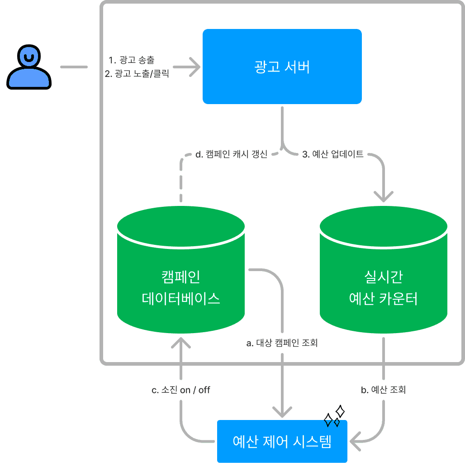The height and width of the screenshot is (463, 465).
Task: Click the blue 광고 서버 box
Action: (x=282, y=67)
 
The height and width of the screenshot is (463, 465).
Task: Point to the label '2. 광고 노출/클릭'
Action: (x=137, y=74)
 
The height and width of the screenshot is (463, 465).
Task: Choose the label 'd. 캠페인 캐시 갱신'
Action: (x=231, y=155)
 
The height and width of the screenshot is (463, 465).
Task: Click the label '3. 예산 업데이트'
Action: (x=333, y=154)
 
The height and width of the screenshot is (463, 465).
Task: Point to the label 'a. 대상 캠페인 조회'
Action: (x=282, y=343)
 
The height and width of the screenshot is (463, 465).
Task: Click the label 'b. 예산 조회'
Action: (x=383, y=390)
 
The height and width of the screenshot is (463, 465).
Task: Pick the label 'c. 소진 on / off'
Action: (x=181, y=390)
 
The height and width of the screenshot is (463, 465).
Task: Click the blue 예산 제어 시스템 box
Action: (x=282, y=441)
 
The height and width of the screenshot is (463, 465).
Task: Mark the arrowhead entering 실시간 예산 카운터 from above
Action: (x=384, y=196)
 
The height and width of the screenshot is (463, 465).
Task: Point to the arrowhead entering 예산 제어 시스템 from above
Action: (x=282, y=412)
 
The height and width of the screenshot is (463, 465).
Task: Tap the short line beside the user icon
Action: (x=74, y=67)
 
